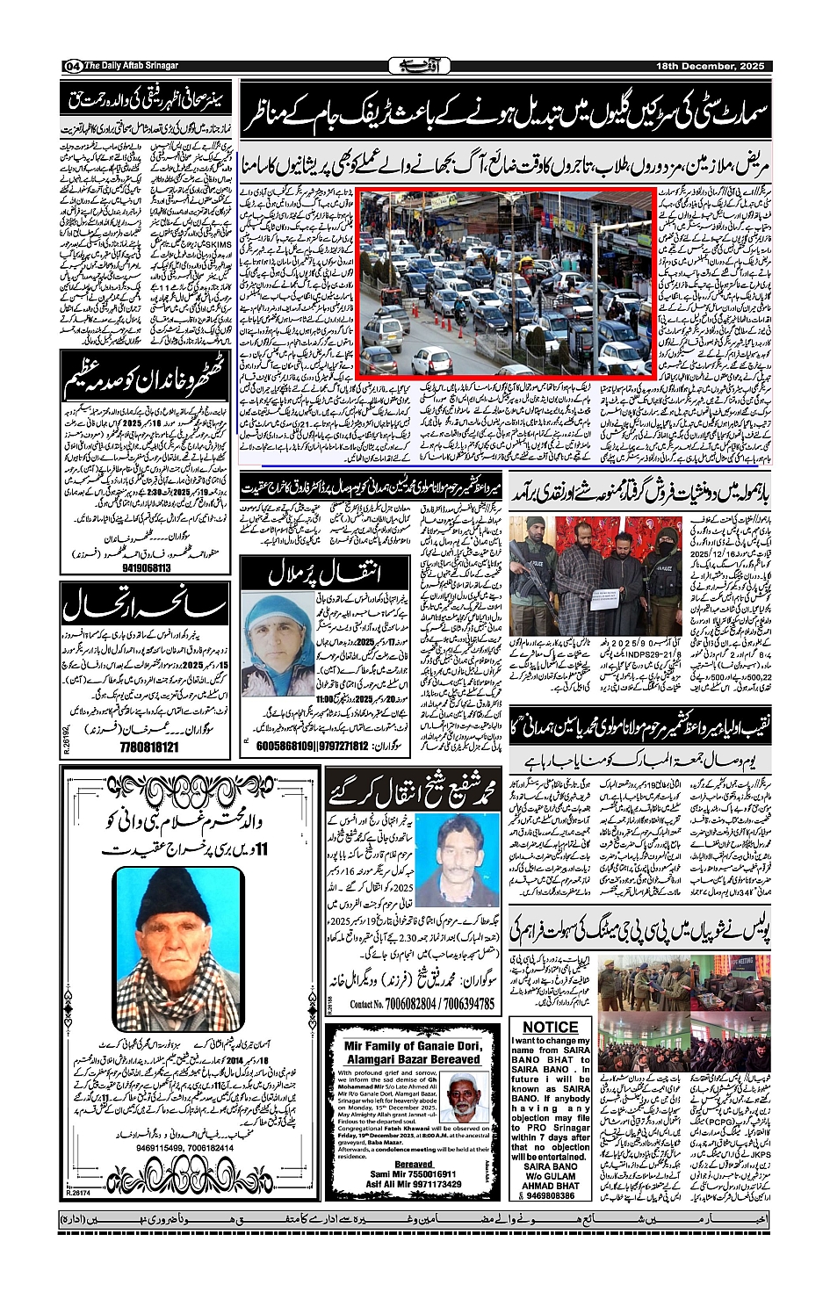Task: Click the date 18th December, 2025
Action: tap(711, 66)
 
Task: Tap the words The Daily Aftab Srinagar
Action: tap(132, 66)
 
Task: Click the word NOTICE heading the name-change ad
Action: tap(550, 1027)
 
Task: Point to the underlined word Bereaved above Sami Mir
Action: tap(414, 1164)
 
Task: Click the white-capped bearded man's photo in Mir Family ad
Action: tap(467, 1096)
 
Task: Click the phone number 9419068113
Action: tap(134, 567)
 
